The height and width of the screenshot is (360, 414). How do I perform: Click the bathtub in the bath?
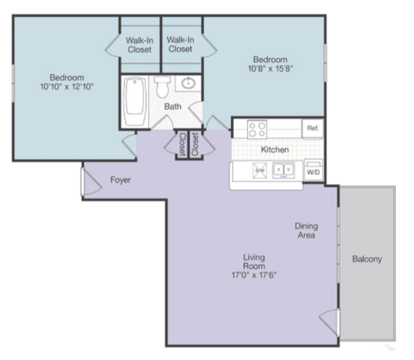[135, 101]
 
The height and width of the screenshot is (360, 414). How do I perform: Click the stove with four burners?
[256, 128]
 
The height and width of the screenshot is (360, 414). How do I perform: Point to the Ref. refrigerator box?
[312, 128]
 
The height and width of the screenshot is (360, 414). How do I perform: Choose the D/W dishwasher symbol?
[259, 170]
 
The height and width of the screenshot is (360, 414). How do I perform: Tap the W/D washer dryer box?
[313, 171]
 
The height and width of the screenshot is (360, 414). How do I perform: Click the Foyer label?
[120, 180]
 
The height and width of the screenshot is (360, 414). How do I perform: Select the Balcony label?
[367, 259]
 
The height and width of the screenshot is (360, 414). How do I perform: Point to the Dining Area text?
[306, 230]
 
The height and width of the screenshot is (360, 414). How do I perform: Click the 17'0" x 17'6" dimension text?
[254, 275]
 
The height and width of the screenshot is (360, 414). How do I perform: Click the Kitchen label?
[274, 150]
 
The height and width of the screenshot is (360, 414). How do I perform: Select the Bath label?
[173, 107]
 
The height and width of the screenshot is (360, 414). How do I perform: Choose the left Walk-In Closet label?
[140, 44]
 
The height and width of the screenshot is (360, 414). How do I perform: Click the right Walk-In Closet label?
[180, 44]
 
